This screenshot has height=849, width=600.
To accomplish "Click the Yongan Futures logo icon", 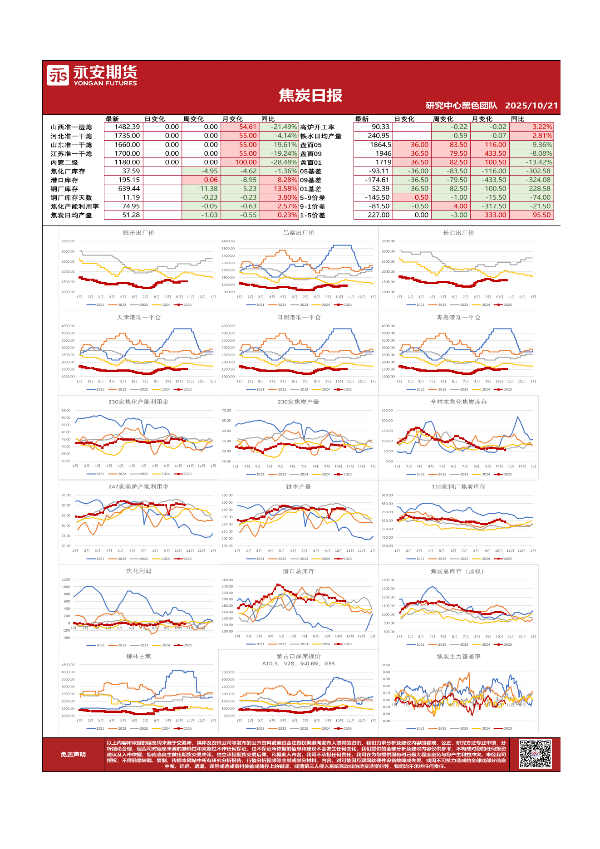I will click(58, 75).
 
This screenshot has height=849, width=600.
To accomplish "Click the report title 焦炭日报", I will click(310, 96).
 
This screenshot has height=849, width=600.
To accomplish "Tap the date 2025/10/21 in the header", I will click(531, 106).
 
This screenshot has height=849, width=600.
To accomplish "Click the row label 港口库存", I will click(64, 180).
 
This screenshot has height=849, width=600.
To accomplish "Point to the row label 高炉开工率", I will click(317, 127).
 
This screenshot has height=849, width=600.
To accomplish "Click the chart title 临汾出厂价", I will click(138, 233).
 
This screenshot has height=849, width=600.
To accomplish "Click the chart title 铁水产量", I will click(298, 487).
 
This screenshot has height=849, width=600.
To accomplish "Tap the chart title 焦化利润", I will click(138, 571).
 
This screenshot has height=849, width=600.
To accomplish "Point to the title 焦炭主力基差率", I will click(458, 657).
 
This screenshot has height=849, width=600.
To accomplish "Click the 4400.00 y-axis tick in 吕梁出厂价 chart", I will click(228, 241).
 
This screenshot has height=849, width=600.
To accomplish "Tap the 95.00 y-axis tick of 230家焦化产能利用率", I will click(66, 411).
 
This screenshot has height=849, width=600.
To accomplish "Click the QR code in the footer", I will click(535, 754).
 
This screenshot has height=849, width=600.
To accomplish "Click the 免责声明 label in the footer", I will click(73, 755).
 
